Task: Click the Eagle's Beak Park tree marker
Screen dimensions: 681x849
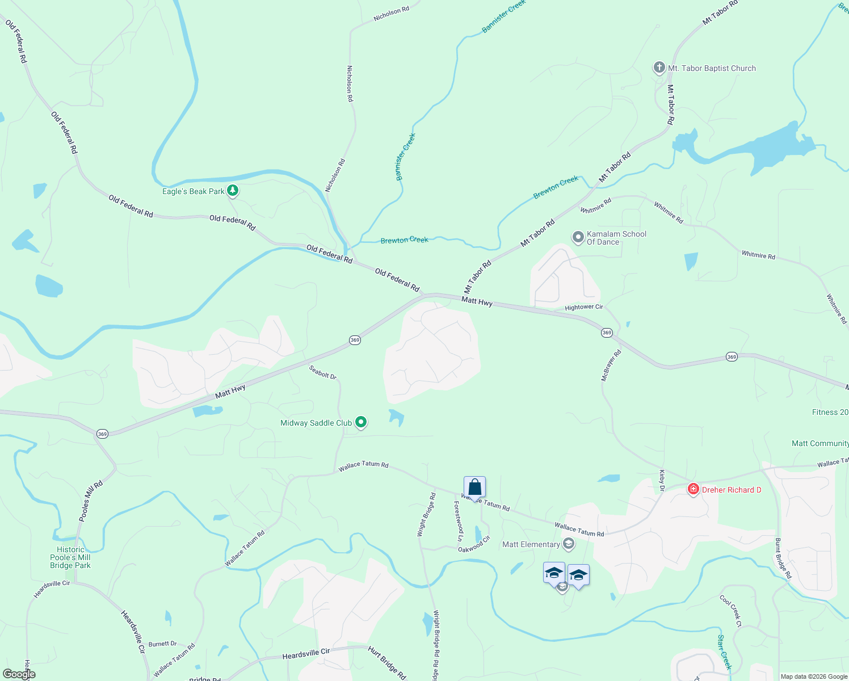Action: coord(232,191)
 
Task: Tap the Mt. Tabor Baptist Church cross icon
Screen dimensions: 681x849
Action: coord(659,68)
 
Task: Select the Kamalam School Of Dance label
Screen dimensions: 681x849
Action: coord(616,238)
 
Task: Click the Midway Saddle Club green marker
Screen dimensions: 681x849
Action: coord(361,422)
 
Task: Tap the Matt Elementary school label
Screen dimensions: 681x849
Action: coord(531,544)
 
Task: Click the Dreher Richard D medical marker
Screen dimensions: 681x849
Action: coord(693,489)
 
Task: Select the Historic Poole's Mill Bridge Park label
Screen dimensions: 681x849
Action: coord(70,557)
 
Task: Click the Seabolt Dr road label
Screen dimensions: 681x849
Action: coord(323,372)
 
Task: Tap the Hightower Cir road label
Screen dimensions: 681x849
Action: coord(583,307)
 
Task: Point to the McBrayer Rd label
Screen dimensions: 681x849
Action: coord(611,365)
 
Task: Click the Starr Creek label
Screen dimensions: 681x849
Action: coord(724,652)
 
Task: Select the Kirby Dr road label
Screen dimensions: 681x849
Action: coord(662,477)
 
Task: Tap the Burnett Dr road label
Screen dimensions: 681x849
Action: coord(162,644)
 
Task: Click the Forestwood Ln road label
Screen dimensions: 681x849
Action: coord(458,520)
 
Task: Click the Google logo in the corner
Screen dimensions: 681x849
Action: coord(19,674)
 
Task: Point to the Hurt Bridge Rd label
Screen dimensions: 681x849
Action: coord(387,663)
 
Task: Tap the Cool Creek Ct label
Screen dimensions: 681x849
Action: coord(730,611)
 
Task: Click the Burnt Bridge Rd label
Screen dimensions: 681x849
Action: coord(783,558)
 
